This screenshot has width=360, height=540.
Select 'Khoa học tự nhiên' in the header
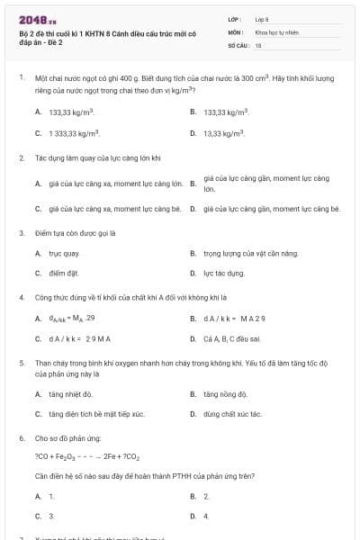[x=274, y=31]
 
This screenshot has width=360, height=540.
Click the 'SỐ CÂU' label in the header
[x=238, y=44]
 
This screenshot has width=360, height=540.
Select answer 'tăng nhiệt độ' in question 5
[x=70, y=394]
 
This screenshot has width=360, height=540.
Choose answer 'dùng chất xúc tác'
[x=231, y=414]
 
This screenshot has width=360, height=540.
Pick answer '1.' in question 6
[x=51, y=496]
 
